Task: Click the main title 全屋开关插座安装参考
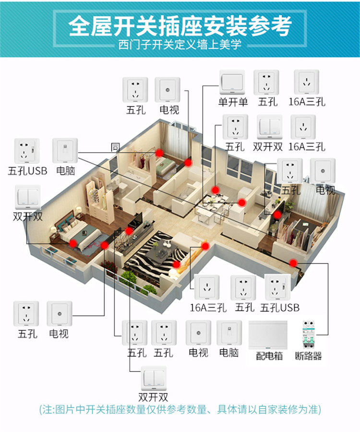[x=180, y=26]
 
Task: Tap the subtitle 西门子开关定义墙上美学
[x=180, y=46]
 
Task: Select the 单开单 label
[x=233, y=102]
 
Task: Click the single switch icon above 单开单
[x=232, y=83]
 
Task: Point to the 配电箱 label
[x=269, y=356]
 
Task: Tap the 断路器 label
[x=309, y=356]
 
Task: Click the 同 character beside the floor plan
[x=115, y=147]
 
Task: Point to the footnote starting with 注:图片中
[x=180, y=409]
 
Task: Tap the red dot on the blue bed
[x=73, y=243]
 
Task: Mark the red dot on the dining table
[x=216, y=190]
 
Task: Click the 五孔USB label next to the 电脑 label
[x=27, y=170]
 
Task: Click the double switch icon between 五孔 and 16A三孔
[x=269, y=127]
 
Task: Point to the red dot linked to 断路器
[x=293, y=262]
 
